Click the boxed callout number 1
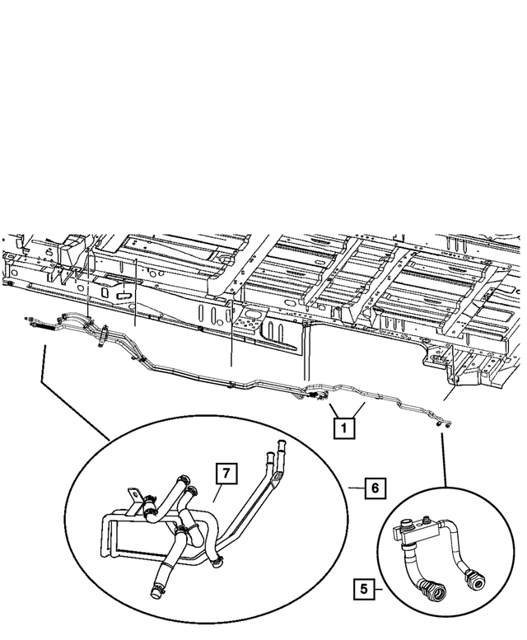[344, 428]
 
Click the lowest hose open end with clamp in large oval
[156, 589]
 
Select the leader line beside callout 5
[381, 589]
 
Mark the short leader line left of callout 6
[356, 488]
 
